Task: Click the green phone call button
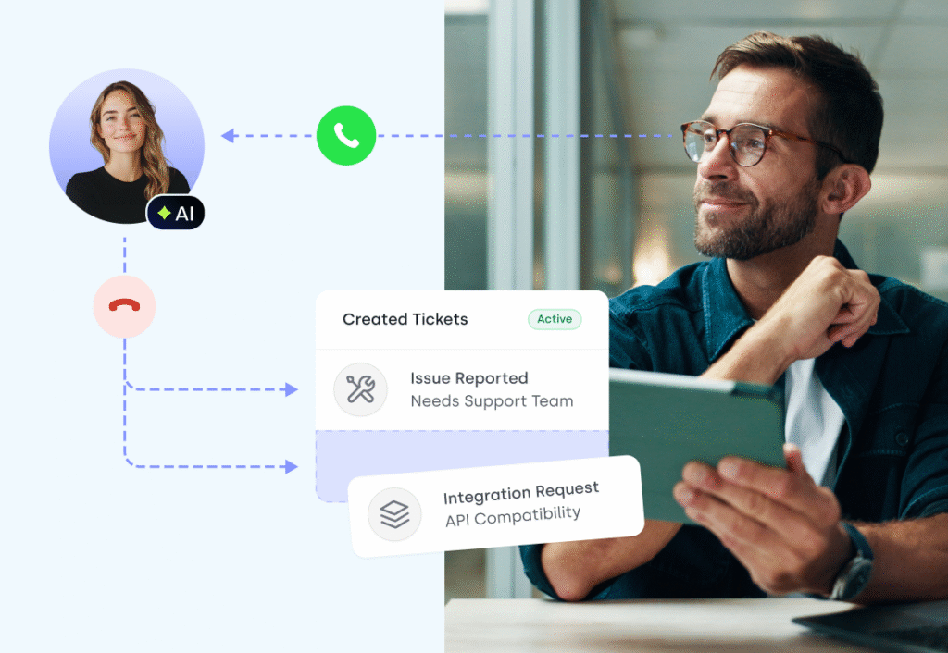pyautogui.click(x=346, y=136)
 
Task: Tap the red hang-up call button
pyautogui.click(x=125, y=306)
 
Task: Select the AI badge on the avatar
pyautogui.click(x=175, y=213)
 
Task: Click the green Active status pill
pyautogui.click(x=555, y=319)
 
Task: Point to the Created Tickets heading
pyautogui.click(x=405, y=319)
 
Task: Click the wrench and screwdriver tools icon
pyautogui.click(x=360, y=389)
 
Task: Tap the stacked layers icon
pyautogui.click(x=394, y=514)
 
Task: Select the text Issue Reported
pyautogui.click(x=469, y=378)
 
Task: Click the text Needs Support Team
pyautogui.click(x=492, y=401)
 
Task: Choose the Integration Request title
pyautogui.click(x=521, y=493)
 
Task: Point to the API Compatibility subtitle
pyautogui.click(x=513, y=516)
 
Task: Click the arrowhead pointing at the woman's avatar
pyautogui.click(x=228, y=136)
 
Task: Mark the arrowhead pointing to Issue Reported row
pyautogui.click(x=292, y=389)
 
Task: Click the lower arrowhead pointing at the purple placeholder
pyautogui.click(x=292, y=466)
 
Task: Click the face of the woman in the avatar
pyautogui.click(x=121, y=122)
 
